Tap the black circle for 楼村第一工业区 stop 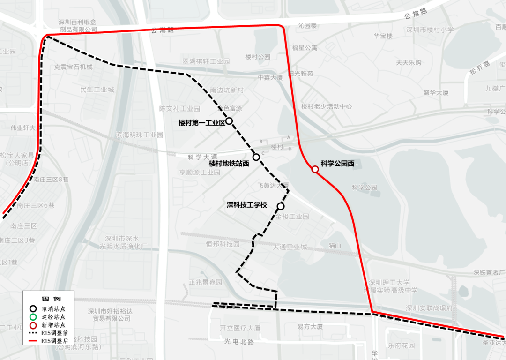[229, 121]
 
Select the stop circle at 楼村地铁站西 [256, 157]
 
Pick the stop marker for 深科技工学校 [281, 206]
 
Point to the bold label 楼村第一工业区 [202, 123]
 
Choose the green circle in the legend [33, 317]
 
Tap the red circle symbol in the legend [33, 325]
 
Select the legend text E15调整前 [54, 333]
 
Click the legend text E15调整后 [54, 341]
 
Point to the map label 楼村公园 [258, 57]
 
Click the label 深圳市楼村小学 [430, 30]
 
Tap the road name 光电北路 [239, 342]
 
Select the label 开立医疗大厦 [240, 327]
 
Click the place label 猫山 [335, 246]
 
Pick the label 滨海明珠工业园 [140, 135]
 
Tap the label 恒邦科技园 [223, 244]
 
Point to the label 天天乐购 [409, 62]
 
